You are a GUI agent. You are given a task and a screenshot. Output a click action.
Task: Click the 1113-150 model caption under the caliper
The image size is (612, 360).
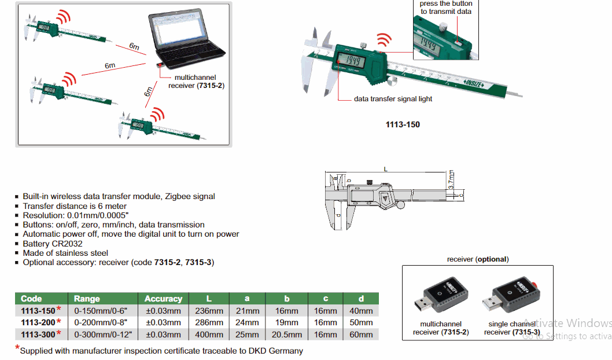tap(403, 124)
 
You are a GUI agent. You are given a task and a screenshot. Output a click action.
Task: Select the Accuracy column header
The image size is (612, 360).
tap(163, 299)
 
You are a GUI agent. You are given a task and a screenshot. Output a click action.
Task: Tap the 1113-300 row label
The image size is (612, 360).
tap(38, 334)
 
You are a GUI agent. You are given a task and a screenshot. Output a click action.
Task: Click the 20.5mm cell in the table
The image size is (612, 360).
tap(286, 334)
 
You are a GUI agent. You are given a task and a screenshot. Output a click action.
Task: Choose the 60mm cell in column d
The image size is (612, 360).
tap(361, 334)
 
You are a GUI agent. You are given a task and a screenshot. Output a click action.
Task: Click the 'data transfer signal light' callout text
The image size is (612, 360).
tap(393, 99)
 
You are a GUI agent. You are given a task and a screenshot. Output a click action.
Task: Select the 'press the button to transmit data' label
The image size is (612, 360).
tap(446, 8)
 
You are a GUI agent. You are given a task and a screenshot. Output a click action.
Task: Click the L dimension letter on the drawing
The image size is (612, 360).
tap(385, 168)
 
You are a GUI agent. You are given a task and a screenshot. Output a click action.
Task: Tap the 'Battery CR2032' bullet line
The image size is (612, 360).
tap(53, 244)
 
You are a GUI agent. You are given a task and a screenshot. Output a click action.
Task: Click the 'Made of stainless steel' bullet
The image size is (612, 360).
tap(65, 253)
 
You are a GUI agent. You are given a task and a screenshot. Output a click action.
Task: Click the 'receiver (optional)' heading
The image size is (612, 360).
tap(478, 259)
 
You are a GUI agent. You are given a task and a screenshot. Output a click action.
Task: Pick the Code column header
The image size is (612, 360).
tap(31, 299)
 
